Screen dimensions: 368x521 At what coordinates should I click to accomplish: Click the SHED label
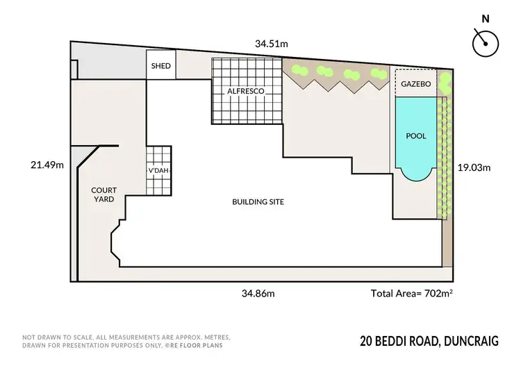click(x=160, y=67)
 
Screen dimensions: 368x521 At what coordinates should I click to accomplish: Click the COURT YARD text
click(x=102, y=194)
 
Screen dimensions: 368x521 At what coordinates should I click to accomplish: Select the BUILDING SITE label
click(x=258, y=202)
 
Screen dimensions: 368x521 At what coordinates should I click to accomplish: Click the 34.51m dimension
click(x=271, y=44)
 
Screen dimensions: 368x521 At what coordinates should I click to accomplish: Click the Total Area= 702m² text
click(x=412, y=294)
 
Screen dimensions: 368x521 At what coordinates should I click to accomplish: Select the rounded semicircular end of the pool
click(x=415, y=174)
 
